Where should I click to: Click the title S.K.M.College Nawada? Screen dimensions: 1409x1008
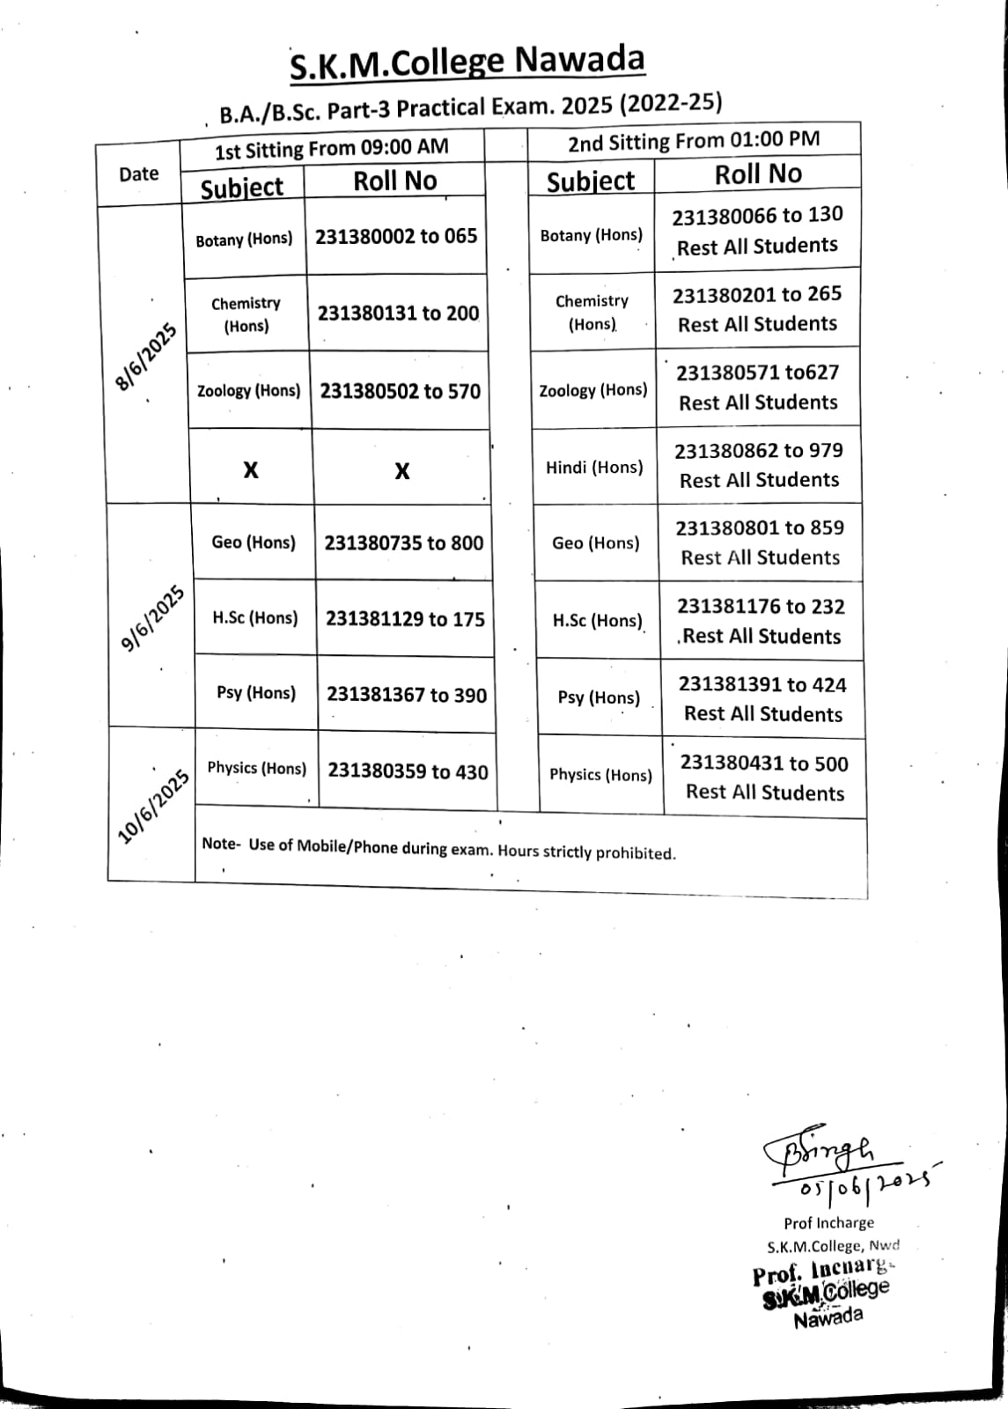tap(467, 63)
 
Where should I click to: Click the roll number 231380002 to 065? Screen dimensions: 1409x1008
tap(396, 237)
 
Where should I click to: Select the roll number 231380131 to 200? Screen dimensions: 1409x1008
tap(398, 314)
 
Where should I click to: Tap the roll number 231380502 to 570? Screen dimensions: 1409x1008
tap(401, 391)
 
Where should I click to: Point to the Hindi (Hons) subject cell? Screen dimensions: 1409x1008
tap(594, 468)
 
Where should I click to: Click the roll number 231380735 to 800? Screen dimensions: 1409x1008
tap(404, 542)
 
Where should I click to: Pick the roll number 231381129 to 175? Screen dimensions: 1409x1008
tap(405, 619)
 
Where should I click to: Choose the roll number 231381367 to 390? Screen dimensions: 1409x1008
tap(407, 696)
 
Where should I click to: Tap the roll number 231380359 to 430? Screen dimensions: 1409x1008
tap(408, 771)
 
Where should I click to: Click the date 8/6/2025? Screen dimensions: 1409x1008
tap(146, 357)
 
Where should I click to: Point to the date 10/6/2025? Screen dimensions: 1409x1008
tap(154, 807)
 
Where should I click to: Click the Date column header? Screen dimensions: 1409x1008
tap(138, 173)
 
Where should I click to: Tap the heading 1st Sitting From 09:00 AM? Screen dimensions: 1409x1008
tap(331, 149)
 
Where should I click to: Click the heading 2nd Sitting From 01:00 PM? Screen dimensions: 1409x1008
tap(694, 140)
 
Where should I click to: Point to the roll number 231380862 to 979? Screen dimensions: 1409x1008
tap(759, 451)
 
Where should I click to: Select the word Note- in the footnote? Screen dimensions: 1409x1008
tap(220, 844)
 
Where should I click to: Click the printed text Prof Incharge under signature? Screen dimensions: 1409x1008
tap(828, 1222)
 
